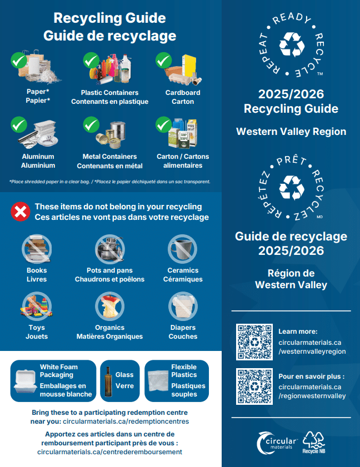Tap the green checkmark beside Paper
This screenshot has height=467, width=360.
[x=19, y=59]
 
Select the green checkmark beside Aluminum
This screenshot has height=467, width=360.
[x=19, y=124]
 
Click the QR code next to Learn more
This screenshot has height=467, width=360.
[x=254, y=342]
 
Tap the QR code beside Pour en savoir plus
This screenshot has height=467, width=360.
[x=254, y=386]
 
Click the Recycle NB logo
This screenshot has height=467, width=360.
[x=314, y=441]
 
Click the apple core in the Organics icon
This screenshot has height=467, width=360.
[x=109, y=306]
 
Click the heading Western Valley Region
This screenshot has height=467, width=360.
[x=291, y=132]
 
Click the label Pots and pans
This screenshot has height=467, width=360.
[x=109, y=270]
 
